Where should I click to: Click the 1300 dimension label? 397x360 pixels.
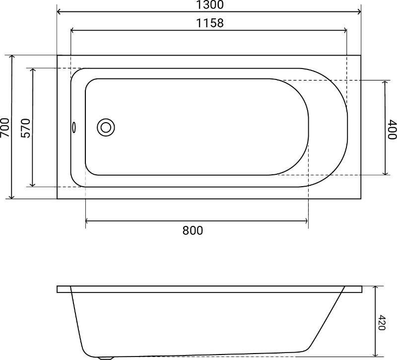coord(210,4)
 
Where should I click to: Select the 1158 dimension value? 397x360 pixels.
coord(210,23)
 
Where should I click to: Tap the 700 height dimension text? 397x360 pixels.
coord(5,128)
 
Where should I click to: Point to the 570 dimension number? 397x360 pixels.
coord(26,128)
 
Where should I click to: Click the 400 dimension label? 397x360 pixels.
coord(392,130)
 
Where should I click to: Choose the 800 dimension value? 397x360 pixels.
coord(193,230)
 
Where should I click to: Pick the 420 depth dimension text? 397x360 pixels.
coord(381,322)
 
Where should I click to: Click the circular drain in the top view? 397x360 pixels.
coord(106,128)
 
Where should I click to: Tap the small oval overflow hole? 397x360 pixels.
coord(73,127)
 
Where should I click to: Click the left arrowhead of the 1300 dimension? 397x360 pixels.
coord(59,11)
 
